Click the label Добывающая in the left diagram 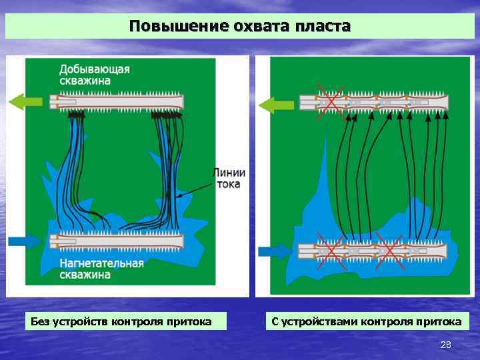point(94,69)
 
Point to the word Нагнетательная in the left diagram point(101,263)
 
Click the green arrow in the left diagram point(27,101)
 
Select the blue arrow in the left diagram point(27,240)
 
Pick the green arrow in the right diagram point(276,104)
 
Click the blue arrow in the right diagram point(275,251)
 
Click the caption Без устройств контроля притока point(121,322)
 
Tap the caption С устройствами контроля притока point(366,322)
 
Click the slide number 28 point(446,345)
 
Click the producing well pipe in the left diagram point(117,102)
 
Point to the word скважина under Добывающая point(85,81)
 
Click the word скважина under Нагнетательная point(85,274)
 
